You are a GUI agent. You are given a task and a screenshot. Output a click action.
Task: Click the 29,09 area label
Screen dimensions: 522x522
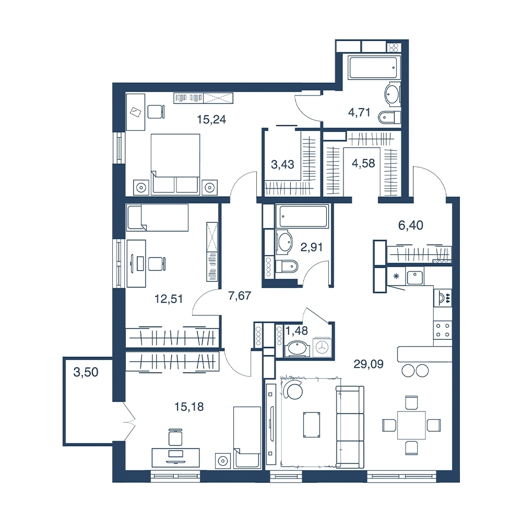pos(368,364)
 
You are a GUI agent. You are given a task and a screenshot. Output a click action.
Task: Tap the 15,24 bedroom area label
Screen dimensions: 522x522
pos(211,119)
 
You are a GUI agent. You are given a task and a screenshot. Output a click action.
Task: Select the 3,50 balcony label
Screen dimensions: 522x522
pos(86,372)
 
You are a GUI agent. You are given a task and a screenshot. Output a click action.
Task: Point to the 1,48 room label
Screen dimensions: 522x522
pos(297,330)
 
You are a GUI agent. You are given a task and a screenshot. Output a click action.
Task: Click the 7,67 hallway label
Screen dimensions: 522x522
pos(240,295)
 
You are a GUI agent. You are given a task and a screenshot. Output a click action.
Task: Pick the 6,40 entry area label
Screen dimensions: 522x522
pos(411,226)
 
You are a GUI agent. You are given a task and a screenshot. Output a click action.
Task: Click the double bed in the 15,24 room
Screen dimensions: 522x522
pos(175,164)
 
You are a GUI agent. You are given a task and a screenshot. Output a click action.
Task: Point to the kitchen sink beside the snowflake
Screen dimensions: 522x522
pos(414,277)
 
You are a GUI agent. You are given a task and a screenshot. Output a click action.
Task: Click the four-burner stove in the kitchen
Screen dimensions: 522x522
pos(443,330)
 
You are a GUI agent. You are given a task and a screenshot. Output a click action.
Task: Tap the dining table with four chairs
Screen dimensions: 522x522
pos(411,425)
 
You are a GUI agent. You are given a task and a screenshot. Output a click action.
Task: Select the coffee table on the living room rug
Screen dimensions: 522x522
pos(312,424)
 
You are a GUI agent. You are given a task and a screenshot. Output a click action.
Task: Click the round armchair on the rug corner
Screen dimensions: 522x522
pos(294,389)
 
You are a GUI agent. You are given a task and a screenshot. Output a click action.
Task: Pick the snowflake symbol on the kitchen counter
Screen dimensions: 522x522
pos(396,276)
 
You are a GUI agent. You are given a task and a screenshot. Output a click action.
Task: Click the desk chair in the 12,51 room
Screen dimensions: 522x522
pos(157,264)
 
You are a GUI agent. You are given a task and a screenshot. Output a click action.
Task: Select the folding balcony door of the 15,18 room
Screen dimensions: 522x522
pos(129,422)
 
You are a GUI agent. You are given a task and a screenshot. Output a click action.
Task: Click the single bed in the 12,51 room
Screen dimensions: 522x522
pos(157,217)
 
